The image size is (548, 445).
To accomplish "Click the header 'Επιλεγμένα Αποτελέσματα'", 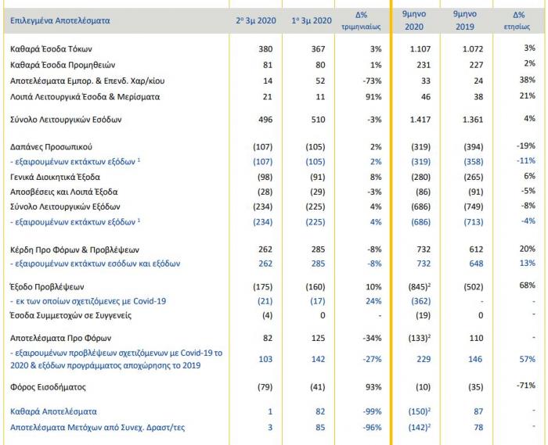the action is pyautogui.click(x=59, y=20).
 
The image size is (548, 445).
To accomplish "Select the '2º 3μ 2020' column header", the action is pyautogui.click(x=256, y=20).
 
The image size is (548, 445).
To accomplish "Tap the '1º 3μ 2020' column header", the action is pyautogui.click(x=312, y=20).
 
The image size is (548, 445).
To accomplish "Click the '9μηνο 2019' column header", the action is pyautogui.click(x=465, y=20).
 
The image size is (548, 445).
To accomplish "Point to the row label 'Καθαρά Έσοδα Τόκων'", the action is pyautogui.click(x=51, y=48).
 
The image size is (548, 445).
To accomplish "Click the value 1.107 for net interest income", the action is pyautogui.click(x=420, y=48).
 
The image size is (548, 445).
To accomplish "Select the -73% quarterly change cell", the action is pyautogui.click(x=372, y=81).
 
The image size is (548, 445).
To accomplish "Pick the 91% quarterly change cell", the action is pyautogui.click(x=373, y=97).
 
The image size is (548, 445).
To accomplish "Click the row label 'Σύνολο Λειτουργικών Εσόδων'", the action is pyautogui.click(x=66, y=120).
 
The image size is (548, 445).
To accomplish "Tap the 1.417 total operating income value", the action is pyautogui.click(x=420, y=120).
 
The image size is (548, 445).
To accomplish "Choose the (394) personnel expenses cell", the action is pyautogui.click(x=473, y=147).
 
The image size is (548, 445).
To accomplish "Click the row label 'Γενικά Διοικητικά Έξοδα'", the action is pyautogui.click(x=55, y=177).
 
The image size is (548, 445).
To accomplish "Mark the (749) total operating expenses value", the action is pyautogui.click(x=473, y=206).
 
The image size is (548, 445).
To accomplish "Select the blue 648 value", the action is pyautogui.click(x=476, y=264).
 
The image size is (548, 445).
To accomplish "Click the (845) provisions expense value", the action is pyautogui.click(x=418, y=287).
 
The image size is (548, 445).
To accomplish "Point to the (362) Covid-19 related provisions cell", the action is pyautogui.click(x=421, y=301).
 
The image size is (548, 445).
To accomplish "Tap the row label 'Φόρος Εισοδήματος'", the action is pyautogui.click(x=48, y=387).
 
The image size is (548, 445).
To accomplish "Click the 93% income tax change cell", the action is pyautogui.click(x=373, y=387).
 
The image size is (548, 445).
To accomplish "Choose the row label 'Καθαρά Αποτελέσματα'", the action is pyautogui.click(x=53, y=411).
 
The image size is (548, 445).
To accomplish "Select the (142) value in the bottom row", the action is pyautogui.click(x=418, y=428).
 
